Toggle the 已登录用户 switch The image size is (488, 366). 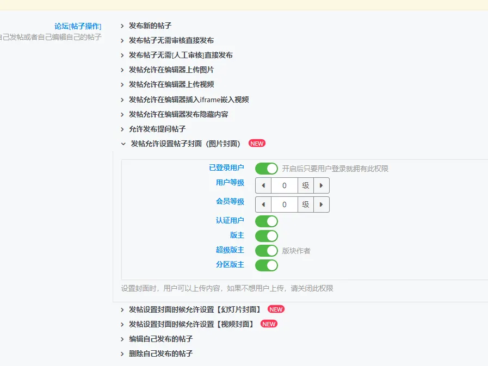pyautogui.click(x=267, y=169)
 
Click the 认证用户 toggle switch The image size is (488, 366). pyautogui.click(x=267, y=221)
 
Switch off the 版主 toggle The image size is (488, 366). pyautogui.click(x=267, y=236)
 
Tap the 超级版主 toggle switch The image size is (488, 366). pyautogui.click(x=267, y=251)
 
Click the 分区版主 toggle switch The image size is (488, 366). pyautogui.click(x=267, y=265)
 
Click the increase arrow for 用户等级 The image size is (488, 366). pyautogui.click(x=322, y=185)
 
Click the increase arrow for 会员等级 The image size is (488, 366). pyautogui.click(x=322, y=204)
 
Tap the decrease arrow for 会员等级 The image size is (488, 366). pyautogui.click(x=263, y=204)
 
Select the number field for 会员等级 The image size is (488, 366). pyautogui.click(x=285, y=204)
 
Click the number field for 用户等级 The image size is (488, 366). pyautogui.click(x=285, y=185)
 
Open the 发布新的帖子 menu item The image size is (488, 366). pyautogui.click(x=150, y=26)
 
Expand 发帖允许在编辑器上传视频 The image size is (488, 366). pyautogui.click(x=171, y=85)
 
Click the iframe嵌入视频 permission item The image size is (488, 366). pyautogui.click(x=189, y=100)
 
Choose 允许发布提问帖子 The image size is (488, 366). pyautogui.click(x=157, y=129)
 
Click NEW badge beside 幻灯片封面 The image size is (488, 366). pyautogui.click(x=276, y=309)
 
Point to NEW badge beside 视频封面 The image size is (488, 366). pyautogui.click(x=269, y=324)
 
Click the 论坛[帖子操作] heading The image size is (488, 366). pyautogui.click(x=78, y=26)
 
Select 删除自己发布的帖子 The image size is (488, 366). pyautogui.click(x=161, y=353)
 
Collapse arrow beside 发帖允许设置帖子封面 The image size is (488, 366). pyautogui.click(x=123, y=144)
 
